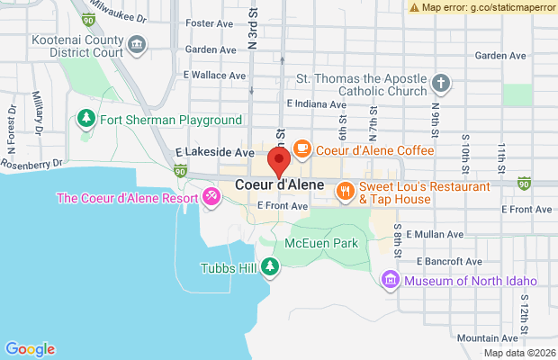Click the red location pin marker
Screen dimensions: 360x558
279,163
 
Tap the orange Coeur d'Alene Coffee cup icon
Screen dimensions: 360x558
301,148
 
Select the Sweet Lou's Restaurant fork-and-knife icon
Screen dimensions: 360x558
344,191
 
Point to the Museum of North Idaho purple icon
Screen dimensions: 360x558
390,280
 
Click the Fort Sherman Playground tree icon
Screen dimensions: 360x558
86,118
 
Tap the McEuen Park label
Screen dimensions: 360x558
320,243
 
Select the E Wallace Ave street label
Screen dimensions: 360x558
214,76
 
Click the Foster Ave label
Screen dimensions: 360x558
208,22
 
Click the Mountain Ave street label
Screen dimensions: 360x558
488,337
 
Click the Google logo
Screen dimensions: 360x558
30,349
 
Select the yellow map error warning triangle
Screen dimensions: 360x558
414,6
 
